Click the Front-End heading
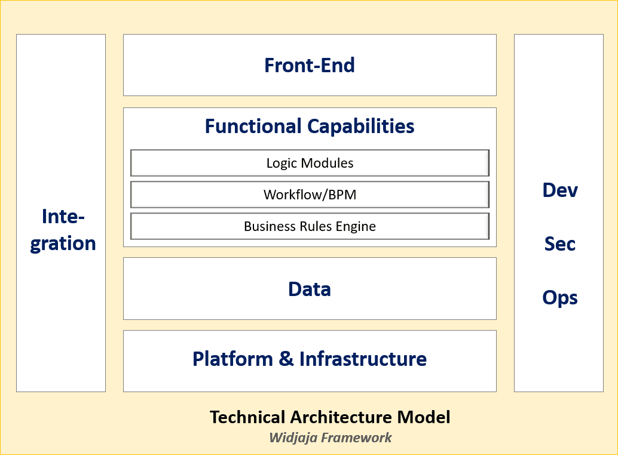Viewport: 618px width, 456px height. click(x=310, y=65)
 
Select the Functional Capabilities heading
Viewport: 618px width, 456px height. click(x=310, y=127)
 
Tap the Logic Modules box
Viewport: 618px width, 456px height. click(x=310, y=163)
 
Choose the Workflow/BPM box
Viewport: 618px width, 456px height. click(x=310, y=195)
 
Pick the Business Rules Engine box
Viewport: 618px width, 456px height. click(x=310, y=226)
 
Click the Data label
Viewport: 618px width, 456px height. click(x=310, y=289)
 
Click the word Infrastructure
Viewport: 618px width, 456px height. click(x=363, y=359)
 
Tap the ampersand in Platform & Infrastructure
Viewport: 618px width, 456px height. click(x=284, y=359)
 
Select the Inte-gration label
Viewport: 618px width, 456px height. click(x=63, y=230)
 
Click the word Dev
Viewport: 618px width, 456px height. click(x=560, y=190)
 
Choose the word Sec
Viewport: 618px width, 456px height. click(x=560, y=244)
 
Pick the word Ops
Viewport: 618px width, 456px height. click(x=560, y=297)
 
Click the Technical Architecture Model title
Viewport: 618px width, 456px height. click(x=330, y=417)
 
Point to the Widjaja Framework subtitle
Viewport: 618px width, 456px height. click(x=330, y=437)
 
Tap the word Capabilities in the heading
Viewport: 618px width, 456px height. click(x=360, y=127)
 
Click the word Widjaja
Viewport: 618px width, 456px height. click(x=293, y=437)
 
